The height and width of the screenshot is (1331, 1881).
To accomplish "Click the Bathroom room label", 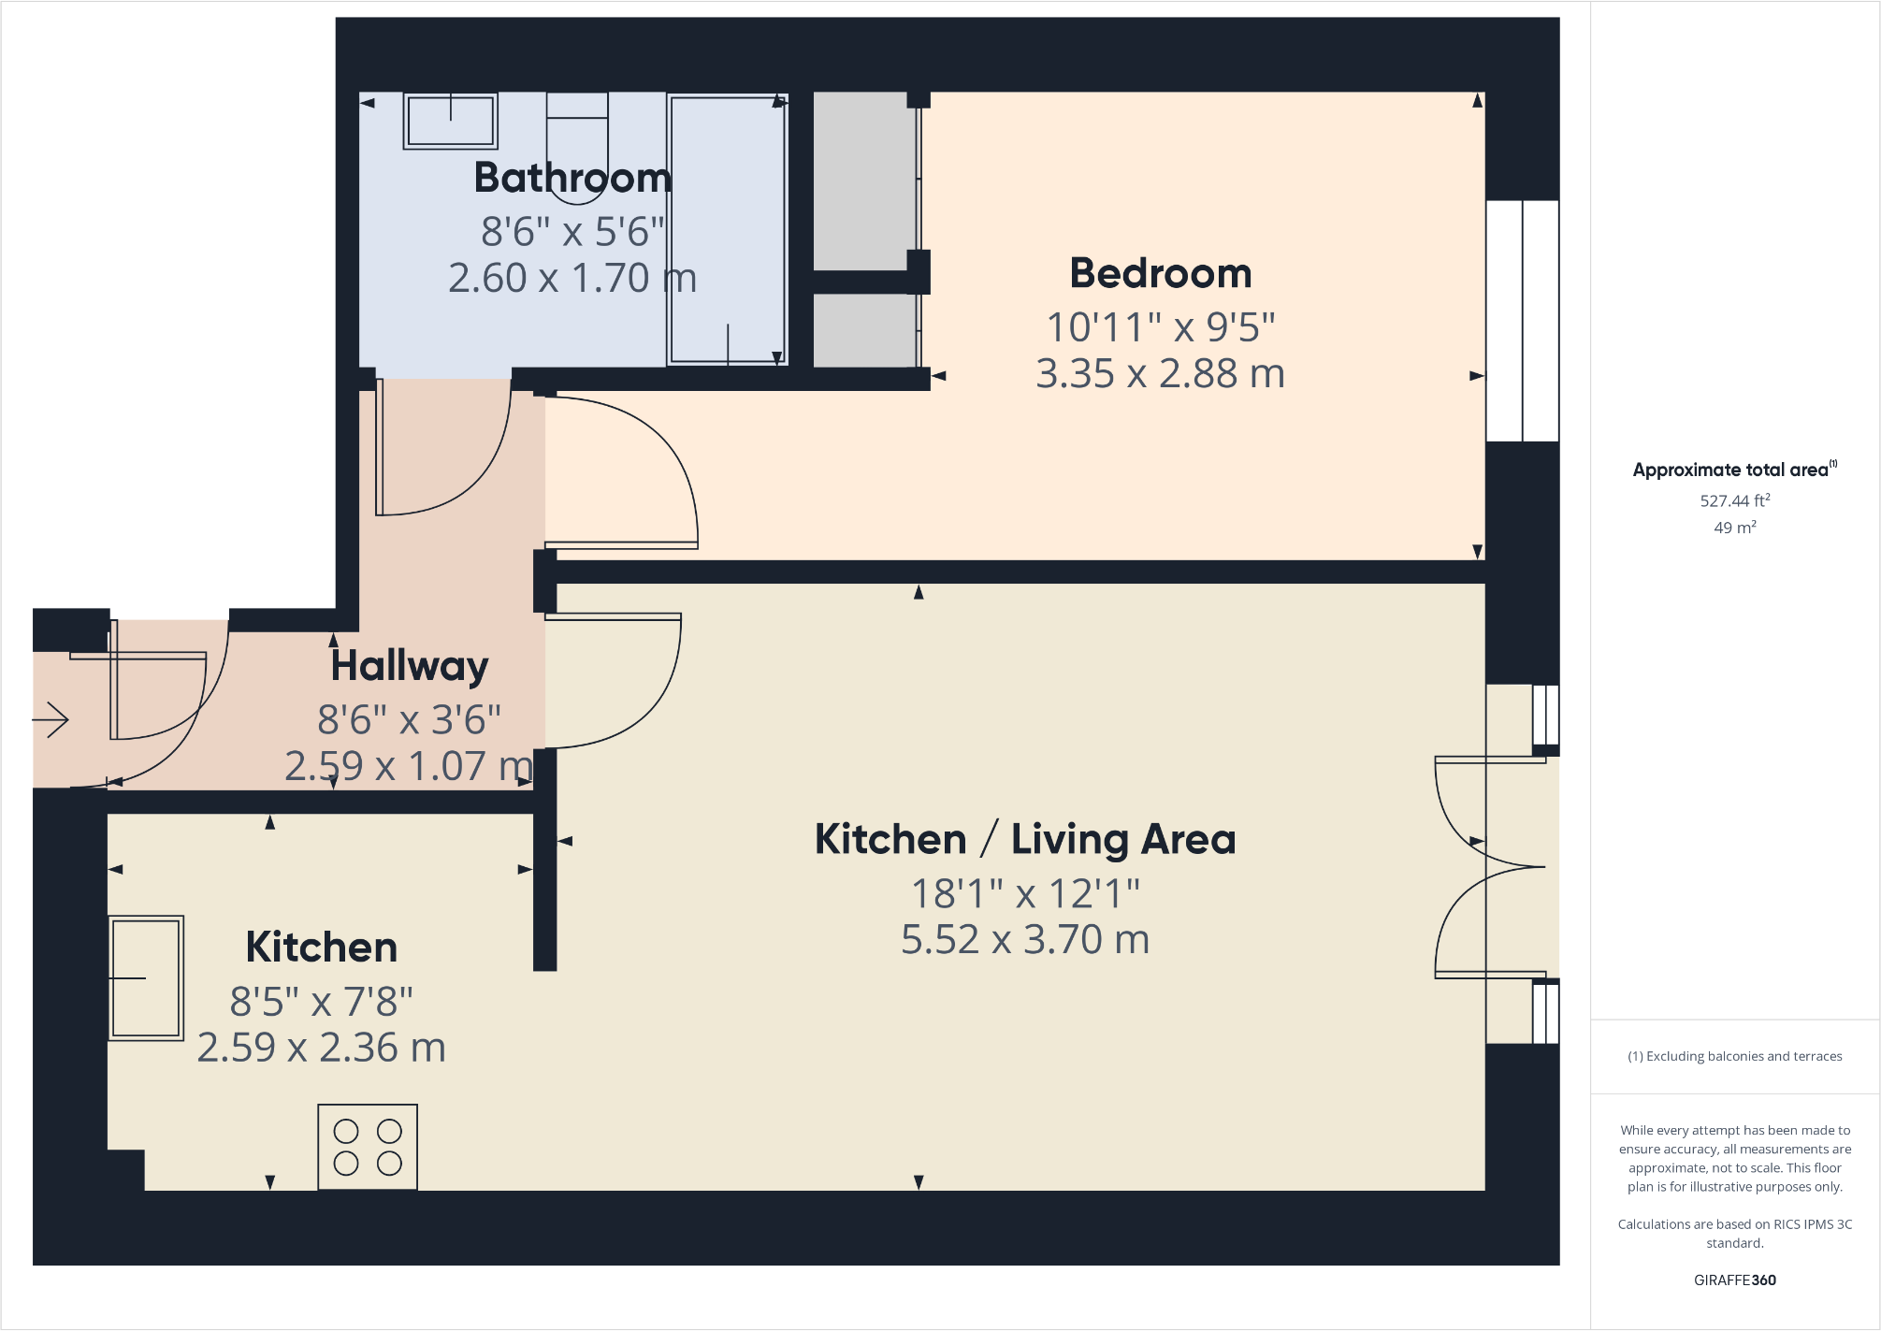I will pos(572,178).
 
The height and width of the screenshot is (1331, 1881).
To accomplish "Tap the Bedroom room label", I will pos(1160,273).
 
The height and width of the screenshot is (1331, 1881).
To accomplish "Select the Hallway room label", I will pos(410,666).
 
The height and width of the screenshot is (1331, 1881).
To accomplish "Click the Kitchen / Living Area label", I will pos(1025,839).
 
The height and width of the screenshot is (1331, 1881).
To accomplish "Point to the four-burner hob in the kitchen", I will pos(368,1147).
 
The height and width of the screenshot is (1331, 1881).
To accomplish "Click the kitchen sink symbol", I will pos(146,978).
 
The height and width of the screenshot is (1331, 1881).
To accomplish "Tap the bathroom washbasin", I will pos(450,121).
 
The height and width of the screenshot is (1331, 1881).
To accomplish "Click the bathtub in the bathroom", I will pos(728,229).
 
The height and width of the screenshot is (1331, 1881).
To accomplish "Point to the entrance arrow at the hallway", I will pos(51,719).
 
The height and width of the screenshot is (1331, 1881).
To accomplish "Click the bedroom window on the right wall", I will pos(1522,321).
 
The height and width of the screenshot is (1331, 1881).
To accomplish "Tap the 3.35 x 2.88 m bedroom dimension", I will pos(1160,373).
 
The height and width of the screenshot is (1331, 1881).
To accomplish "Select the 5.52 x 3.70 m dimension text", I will pos(1025,939).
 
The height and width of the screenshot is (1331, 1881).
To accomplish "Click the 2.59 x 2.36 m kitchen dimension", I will pos(321,1048).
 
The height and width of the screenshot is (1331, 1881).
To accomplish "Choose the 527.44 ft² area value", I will pos(1734,500).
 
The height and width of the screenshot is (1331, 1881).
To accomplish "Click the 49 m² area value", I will pos(1734,528).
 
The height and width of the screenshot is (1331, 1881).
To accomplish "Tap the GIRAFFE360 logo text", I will pos(1734,1280).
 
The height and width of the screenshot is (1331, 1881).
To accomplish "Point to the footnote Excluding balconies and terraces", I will pos(1735,1056).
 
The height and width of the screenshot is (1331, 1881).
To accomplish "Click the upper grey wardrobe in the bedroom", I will pos(863,180).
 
